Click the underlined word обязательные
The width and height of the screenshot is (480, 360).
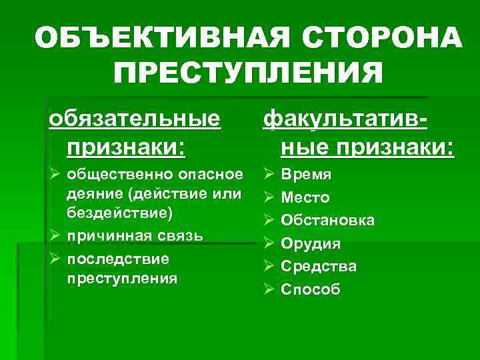click(x=133, y=119)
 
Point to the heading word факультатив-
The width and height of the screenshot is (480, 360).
click(x=345, y=119)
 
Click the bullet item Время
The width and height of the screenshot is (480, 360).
click(x=306, y=175)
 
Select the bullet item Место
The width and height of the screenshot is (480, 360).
click(x=305, y=197)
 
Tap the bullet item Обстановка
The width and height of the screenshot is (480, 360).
click(x=327, y=221)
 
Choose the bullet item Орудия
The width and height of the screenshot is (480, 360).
click(x=311, y=243)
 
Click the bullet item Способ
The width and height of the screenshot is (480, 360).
click(x=311, y=289)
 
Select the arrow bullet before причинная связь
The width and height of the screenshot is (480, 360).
click(x=55, y=236)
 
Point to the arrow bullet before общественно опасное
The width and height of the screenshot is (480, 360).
click(x=55, y=175)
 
